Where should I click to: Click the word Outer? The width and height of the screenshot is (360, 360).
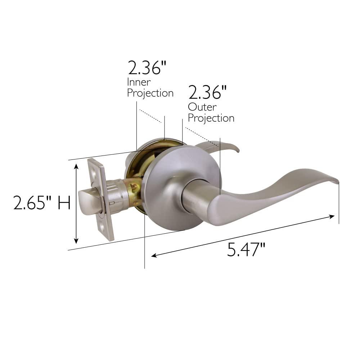[x=202, y=107]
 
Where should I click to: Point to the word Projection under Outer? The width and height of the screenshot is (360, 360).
[x=211, y=118]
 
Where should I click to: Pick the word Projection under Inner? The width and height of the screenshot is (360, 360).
[x=150, y=93]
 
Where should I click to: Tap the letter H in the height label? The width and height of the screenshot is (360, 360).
[x=63, y=203]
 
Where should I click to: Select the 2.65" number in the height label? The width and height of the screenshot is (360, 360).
[x=33, y=203]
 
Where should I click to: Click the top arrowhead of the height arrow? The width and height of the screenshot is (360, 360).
[x=76, y=166]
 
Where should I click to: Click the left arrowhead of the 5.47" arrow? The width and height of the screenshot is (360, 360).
[x=154, y=256]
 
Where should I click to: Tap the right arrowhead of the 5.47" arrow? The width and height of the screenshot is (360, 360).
[x=332, y=216]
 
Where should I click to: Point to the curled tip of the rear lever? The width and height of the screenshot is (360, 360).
[x=237, y=149]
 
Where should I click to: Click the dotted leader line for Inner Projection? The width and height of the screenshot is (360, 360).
[x=150, y=116]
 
